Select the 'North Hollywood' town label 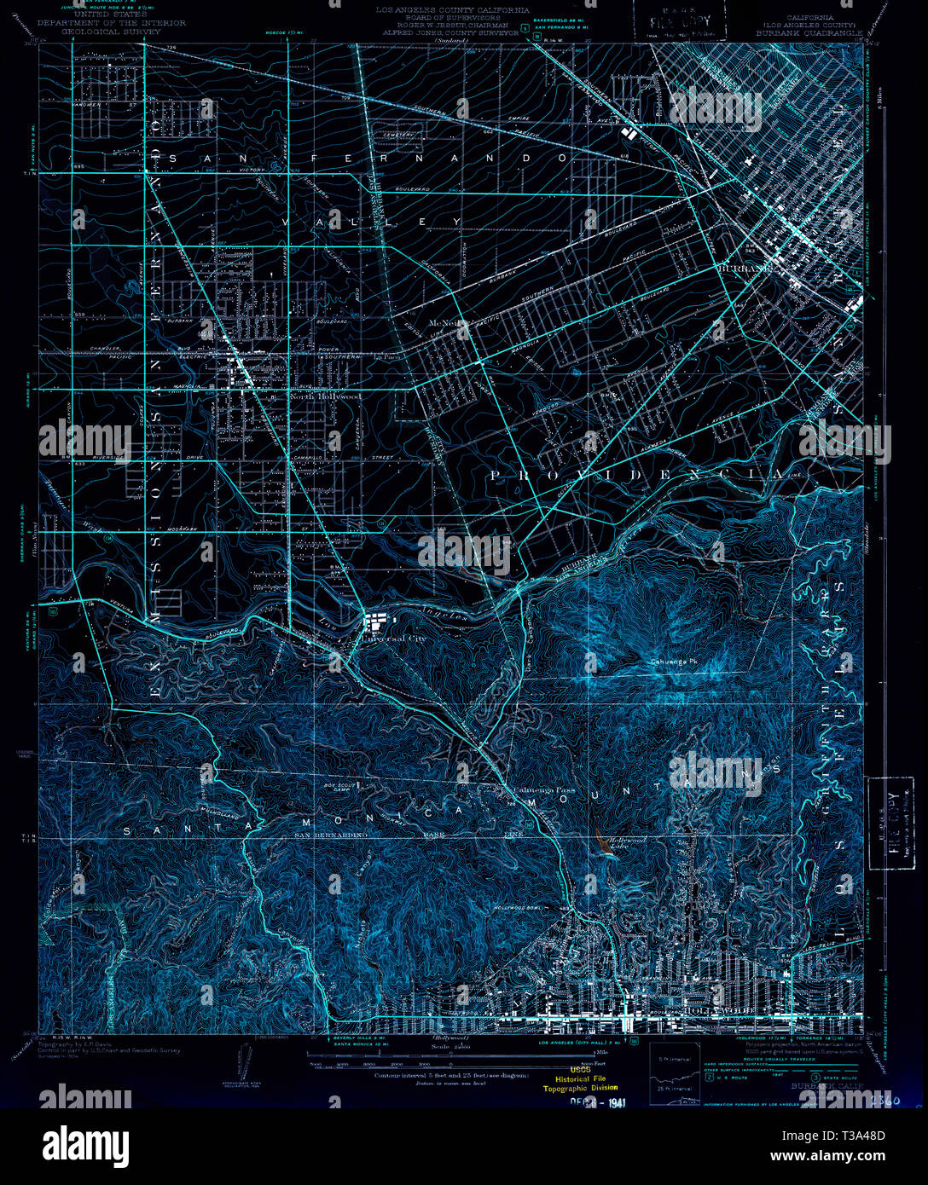click(x=325, y=396)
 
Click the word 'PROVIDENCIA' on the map click(x=635, y=474)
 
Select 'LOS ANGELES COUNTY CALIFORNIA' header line click(x=453, y=11)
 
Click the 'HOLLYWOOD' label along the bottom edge click(x=715, y=1009)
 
